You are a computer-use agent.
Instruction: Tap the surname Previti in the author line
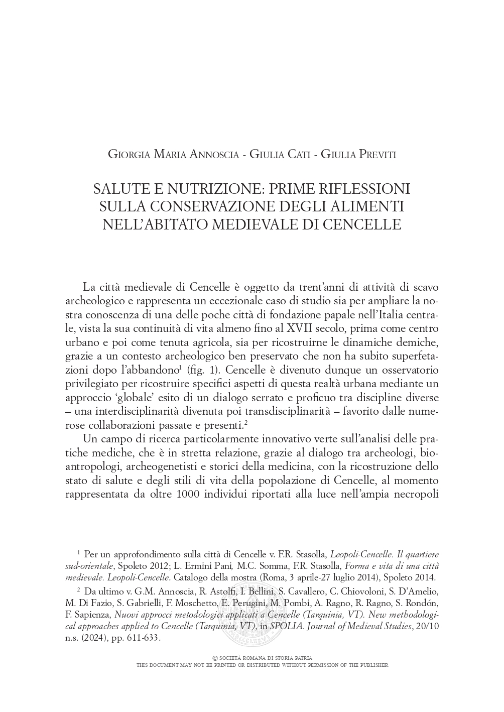point(371,155)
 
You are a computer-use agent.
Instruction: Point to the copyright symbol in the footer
point(215,658)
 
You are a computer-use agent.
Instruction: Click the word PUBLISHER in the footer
point(372,665)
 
